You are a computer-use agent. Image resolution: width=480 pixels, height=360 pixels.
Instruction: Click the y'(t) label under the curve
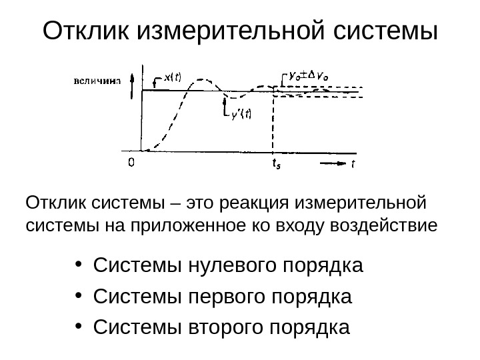click(241, 113)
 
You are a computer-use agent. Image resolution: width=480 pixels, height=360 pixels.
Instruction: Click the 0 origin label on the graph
click(133, 162)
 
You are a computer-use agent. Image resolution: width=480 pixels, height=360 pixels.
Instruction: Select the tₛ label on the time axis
click(275, 163)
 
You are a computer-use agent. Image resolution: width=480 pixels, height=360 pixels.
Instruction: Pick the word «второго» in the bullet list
click(221, 327)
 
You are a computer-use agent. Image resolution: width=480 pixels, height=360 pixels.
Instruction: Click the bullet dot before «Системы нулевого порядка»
click(80, 266)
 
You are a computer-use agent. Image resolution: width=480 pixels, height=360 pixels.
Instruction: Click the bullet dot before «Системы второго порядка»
click(80, 327)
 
